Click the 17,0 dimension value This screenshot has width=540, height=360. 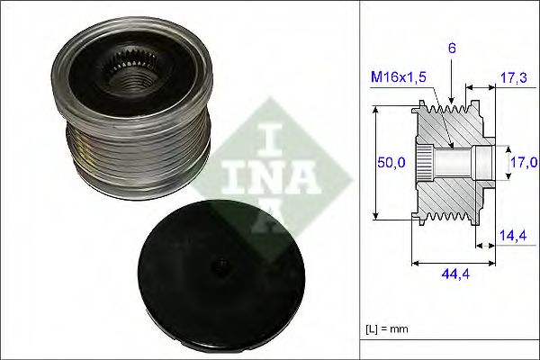[x=526, y=163]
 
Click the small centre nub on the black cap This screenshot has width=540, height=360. [x=219, y=266]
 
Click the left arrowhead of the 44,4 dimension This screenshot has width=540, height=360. [x=414, y=262]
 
